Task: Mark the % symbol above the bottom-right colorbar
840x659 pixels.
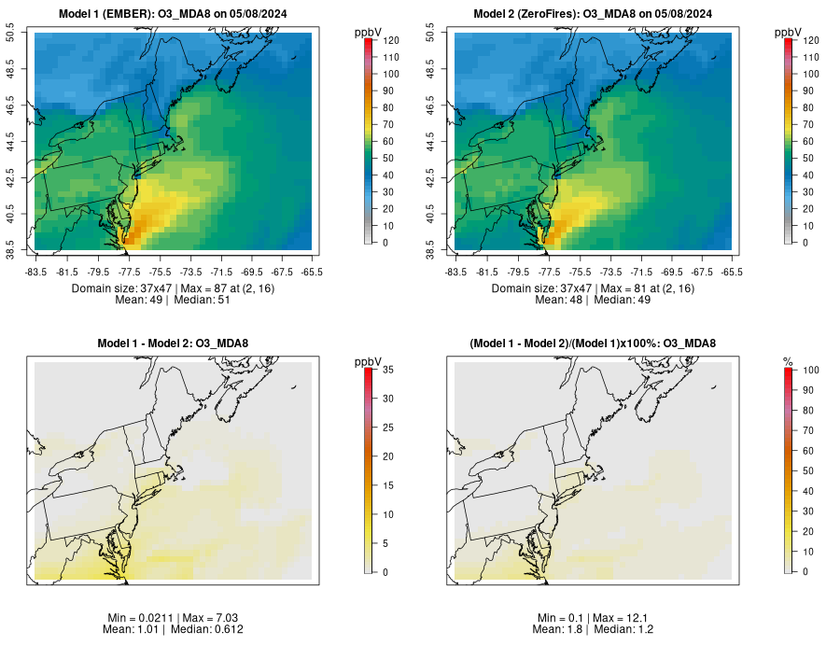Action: [788, 361]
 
